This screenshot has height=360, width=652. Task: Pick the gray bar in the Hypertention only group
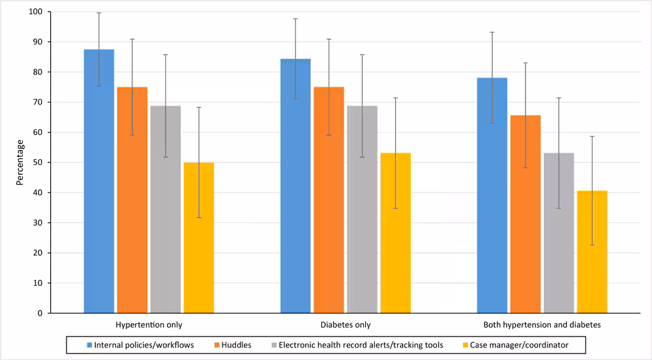tap(166, 209)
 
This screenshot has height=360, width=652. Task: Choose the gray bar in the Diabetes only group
tap(362, 209)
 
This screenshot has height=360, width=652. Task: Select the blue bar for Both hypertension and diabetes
tap(492, 195)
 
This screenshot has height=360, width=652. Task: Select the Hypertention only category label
tap(149, 324)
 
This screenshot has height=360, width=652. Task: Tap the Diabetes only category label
tap(346, 324)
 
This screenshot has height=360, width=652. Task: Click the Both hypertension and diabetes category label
tap(542, 324)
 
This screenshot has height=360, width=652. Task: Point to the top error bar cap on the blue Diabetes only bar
tap(296, 19)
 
